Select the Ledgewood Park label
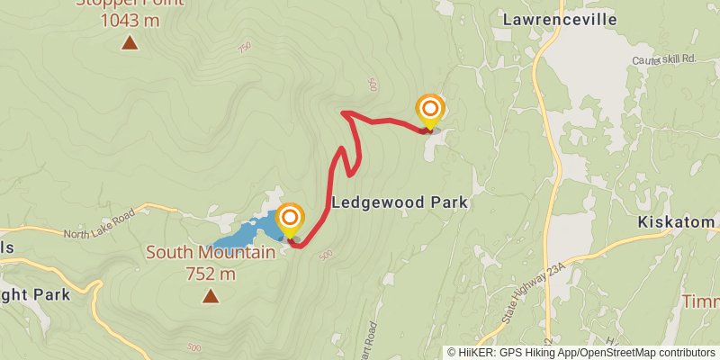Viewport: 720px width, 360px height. [400, 203]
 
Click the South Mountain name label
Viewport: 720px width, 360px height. [211, 253]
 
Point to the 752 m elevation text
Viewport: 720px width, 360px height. [211, 273]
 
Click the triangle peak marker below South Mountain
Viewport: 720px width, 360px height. [211, 295]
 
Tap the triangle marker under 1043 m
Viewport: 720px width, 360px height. [130, 42]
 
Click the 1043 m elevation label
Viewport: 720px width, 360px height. [130, 18]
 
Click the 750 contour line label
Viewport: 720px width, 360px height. [245, 48]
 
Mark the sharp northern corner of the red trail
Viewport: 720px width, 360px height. [343, 112]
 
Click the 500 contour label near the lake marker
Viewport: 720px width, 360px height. [325, 255]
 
